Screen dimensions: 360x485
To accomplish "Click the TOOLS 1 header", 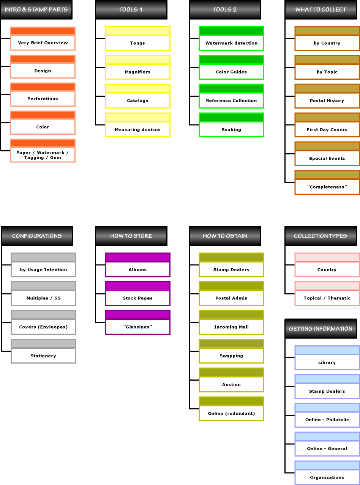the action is coord(131,9).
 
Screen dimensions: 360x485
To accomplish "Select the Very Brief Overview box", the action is coord(43,38).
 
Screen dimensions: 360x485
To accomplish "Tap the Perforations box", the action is coord(43,94).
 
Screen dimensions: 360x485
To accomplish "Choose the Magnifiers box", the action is coord(137,67).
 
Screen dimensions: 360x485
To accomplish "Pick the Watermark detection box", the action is coord(232,39).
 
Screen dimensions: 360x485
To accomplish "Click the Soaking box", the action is coord(232,125).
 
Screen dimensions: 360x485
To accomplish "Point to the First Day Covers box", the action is coord(327,125).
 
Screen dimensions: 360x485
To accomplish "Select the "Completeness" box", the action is coord(327,183).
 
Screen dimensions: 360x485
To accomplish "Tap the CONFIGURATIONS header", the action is coord(37,236).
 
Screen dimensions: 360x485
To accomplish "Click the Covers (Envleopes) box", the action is coord(44,322).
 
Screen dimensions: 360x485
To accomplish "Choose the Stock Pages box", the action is coord(137,294).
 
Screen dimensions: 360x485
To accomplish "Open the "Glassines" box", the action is coord(137,322).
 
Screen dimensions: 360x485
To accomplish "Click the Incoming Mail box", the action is coord(232,322).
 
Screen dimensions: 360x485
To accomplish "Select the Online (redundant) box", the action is coord(232,409).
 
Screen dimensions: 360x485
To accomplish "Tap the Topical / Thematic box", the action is coord(327,294).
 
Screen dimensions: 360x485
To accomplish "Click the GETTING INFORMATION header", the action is coord(321,329).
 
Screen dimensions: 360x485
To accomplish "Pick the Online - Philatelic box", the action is coord(327,415).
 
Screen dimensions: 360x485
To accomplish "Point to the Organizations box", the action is coord(327,473).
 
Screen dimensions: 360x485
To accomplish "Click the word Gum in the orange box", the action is coord(55,157).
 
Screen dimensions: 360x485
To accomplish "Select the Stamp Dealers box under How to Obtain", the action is coord(232,265).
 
